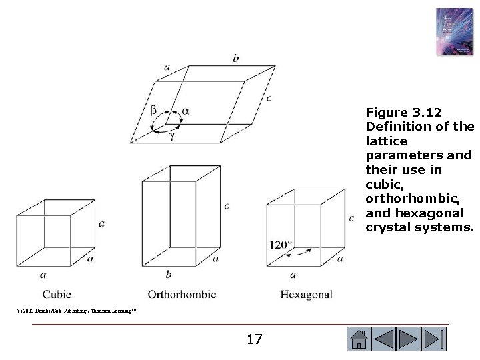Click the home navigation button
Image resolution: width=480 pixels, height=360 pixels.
coord(359,339)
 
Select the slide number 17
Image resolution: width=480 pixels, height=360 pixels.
coord(254,339)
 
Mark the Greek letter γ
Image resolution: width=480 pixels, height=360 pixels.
coord(171,135)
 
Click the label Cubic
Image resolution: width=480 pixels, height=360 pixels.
coord(57,293)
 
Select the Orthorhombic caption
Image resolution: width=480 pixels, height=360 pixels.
coord(181,293)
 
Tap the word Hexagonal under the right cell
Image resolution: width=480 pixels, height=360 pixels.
coord(306,293)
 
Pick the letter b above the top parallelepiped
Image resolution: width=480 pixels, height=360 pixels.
coord(236,59)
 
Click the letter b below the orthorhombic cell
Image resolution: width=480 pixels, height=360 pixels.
coord(168,273)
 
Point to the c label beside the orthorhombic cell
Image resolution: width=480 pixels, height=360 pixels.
coord(227,206)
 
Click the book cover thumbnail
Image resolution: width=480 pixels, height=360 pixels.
coord(453,31)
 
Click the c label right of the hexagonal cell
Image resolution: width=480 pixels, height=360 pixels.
coord(351,217)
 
